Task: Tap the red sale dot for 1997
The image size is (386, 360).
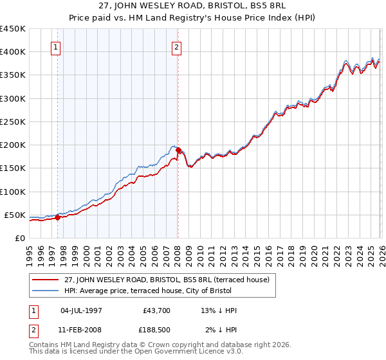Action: (x=57, y=217)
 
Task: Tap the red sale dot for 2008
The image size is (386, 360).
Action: (x=178, y=150)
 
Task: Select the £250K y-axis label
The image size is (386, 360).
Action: (x=13, y=122)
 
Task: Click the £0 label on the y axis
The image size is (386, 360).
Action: (x=19, y=238)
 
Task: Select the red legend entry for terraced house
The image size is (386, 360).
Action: (x=170, y=280)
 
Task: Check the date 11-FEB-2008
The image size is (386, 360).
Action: (x=80, y=331)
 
